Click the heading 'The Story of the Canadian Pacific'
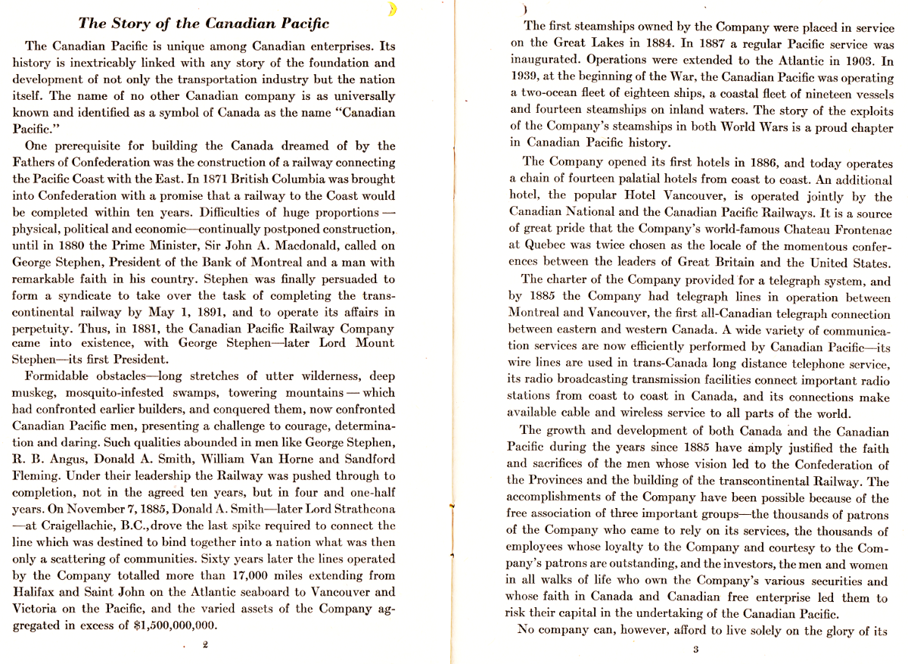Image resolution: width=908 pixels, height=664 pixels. (204, 23)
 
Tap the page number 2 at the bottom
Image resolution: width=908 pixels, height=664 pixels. (205, 645)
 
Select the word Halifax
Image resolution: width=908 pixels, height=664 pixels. (35, 592)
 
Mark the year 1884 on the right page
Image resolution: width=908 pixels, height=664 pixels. (671, 44)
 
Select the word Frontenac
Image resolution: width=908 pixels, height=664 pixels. (857, 229)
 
